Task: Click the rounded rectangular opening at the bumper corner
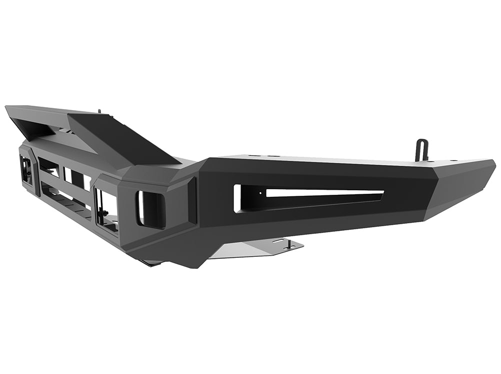[150, 209]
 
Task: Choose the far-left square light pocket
[26, 170]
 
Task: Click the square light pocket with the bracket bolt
[106, 210]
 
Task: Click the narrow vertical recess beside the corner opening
[192, 200]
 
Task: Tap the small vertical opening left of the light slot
[237, 198]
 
